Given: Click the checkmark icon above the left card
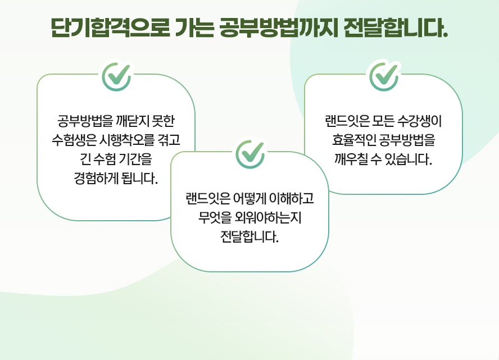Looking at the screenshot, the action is coord(116,76).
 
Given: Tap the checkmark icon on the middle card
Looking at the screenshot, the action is coord(250,154).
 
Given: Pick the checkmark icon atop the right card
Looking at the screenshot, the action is coord(384,76).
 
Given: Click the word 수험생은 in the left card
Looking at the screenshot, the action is coord(74,140).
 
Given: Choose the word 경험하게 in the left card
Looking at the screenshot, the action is coord(96,178).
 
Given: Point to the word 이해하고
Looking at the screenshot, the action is coord(292,198).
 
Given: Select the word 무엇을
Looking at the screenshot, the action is coord(214,217).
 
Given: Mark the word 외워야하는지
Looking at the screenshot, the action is coord(267,217).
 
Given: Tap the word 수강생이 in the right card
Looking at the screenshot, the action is coord(420,121).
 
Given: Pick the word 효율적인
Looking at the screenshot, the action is coord(354,140).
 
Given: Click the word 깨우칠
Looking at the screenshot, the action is coord(351,159).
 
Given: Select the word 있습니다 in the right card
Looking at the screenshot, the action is coord(409,159).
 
